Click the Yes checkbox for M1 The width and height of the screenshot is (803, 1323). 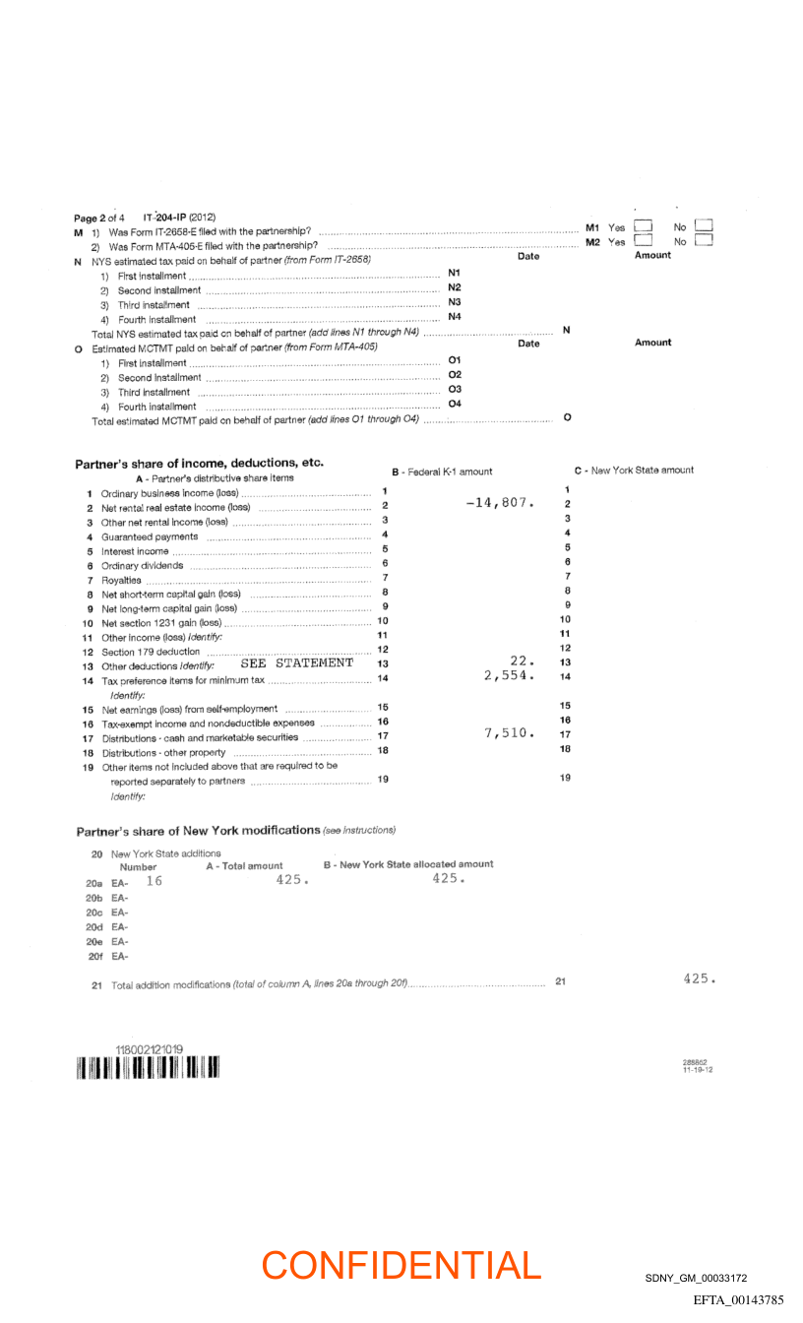pyautogui.click(x=645, y=226)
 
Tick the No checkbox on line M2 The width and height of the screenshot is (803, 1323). pyautogui.click(x=704, y=240)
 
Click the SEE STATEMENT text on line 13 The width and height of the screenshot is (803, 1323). pyautogui.click(x=296, y=662)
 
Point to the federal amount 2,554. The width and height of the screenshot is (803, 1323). pyautogui.click(x=509, y=675)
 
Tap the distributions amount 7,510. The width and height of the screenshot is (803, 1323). pyautogui.click(x=509, y=732)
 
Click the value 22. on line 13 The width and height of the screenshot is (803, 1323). pyautogui.click(x=522, y=661)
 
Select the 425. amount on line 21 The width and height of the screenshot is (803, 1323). pyautogui.click(x=699, y=978)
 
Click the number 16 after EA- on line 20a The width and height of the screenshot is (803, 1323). pyautogui.click(x=154, y=881)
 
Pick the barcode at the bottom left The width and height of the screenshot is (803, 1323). pyautogui.click(x=147, y=1068)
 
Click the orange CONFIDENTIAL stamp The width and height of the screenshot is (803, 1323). pyautogui.click(x=401, y=1265)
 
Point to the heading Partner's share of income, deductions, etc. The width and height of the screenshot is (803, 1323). pyautogui.click(x=200, y=463)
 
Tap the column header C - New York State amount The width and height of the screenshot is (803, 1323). pyautogui.click(x=634, y=471)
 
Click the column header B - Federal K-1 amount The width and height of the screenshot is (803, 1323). pyautogui.click(x=442, y=472)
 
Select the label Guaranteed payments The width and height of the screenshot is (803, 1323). pyautogui.click(x=150, y=536)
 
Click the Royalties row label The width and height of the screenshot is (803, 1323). pyautogui.click(x=122, y=580)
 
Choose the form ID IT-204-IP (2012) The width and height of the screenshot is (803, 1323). pyautogui.click(x=179, y=217)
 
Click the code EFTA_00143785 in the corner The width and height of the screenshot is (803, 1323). pyautogui.click(x=738, y=1300)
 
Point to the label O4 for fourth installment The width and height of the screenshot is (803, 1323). pyautogui.click(x=455, y=404)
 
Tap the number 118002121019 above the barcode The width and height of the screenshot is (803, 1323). pyautogui.click(x=150, y=1050)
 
